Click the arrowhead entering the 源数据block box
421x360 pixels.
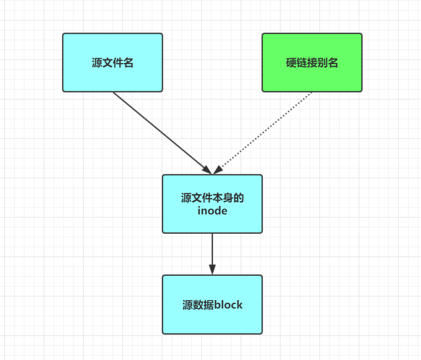tap(212, 269)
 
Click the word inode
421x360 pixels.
tap(212, 211)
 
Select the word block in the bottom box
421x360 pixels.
tap(228, 305)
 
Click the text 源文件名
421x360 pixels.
tap(112, 63)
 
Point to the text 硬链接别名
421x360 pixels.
tap(312, 63)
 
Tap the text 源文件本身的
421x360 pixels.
tap(212, 198)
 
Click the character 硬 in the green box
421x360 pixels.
tap(291, 63)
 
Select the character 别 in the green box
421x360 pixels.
tap(322, 63)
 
